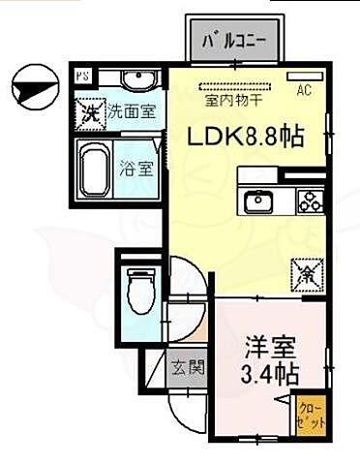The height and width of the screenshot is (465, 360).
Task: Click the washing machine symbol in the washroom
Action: click(x=87, y=110)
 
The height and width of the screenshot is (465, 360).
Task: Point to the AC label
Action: click(x=303, y=92)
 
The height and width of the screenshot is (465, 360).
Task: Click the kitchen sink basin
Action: click(x=258, y=202)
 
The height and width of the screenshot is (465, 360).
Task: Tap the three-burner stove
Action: click(x=310, y=201)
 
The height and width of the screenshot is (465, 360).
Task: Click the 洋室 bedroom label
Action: click(x=264, y=346)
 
